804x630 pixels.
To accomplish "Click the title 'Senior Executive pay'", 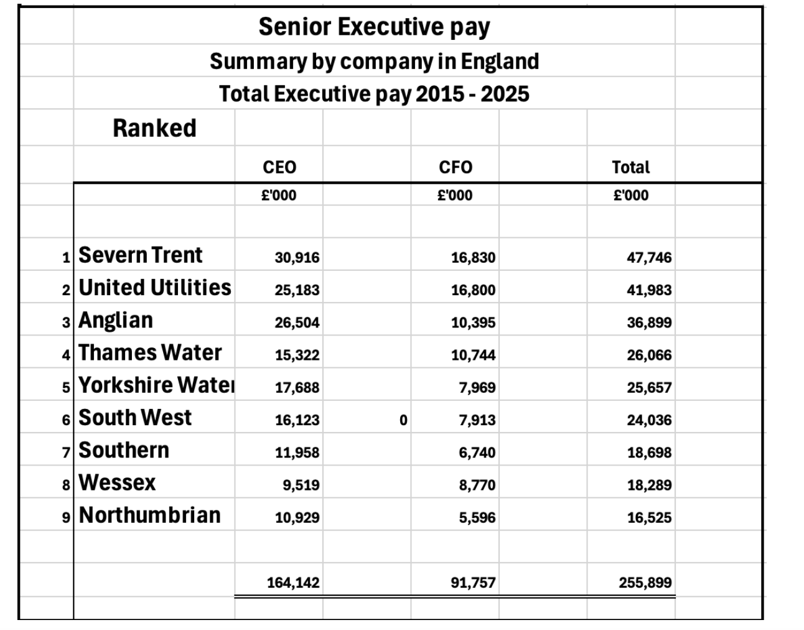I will [374, 27].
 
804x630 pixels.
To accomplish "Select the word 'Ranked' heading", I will [154, 128].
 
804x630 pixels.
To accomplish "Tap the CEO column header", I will [279, 167].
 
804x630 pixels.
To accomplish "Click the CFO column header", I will [456, 167].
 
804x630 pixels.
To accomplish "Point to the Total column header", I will [630, 167].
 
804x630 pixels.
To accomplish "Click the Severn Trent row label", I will [141, 255].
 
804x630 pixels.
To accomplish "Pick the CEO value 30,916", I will [297, 258].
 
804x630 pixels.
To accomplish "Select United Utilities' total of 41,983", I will [649, 290].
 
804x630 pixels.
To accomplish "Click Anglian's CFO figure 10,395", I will [473, 322].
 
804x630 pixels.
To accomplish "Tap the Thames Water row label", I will [150, 352].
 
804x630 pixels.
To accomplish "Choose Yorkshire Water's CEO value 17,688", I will [297, 387].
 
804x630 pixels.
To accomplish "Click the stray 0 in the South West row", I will [403, 420].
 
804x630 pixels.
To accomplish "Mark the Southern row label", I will [124, 450].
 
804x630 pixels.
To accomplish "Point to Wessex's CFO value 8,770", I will [477, 485].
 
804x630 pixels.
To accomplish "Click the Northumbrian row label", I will [150, 515].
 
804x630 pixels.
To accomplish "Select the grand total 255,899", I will [645, 583].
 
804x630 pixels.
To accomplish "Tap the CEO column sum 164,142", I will [293, 583].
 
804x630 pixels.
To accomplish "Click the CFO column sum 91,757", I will [473, 583].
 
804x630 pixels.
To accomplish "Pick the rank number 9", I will [67, 517].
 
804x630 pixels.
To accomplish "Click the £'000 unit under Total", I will [630, 195].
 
